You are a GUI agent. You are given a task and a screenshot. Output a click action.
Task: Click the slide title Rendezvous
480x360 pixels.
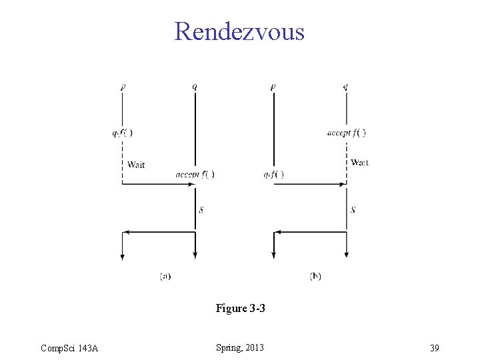239,31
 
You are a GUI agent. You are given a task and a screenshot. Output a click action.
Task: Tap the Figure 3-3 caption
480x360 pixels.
240,309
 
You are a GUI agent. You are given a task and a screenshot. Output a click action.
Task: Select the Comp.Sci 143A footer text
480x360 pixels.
69,348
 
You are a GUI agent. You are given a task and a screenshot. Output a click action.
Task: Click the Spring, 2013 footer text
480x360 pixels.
240,347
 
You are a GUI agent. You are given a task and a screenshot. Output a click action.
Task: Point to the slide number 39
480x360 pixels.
434,348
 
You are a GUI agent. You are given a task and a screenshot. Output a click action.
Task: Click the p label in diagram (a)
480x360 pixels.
123,87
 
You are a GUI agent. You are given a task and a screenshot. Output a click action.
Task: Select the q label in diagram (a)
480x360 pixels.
195,87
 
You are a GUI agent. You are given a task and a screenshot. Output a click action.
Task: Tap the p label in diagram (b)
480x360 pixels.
273,87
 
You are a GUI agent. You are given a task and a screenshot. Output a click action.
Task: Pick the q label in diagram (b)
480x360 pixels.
345,87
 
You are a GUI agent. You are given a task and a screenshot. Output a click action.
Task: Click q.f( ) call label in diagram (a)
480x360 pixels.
122,133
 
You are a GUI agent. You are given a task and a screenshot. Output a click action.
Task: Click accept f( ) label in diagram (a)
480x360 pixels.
195,175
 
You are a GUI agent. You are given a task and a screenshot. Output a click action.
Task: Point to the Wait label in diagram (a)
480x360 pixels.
136,165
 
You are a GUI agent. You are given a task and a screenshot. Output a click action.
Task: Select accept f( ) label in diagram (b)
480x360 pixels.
346,133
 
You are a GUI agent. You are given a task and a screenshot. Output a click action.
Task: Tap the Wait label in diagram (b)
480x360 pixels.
359,163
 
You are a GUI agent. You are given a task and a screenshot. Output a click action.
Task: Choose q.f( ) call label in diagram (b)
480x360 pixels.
273,175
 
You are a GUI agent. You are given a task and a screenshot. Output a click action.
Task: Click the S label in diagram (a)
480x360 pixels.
201,210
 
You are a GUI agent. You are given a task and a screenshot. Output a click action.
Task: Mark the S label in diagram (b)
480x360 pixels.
353,210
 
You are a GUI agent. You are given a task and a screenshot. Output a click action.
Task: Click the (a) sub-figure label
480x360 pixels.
165,276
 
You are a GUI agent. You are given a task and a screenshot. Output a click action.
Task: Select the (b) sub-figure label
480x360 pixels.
315,276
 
